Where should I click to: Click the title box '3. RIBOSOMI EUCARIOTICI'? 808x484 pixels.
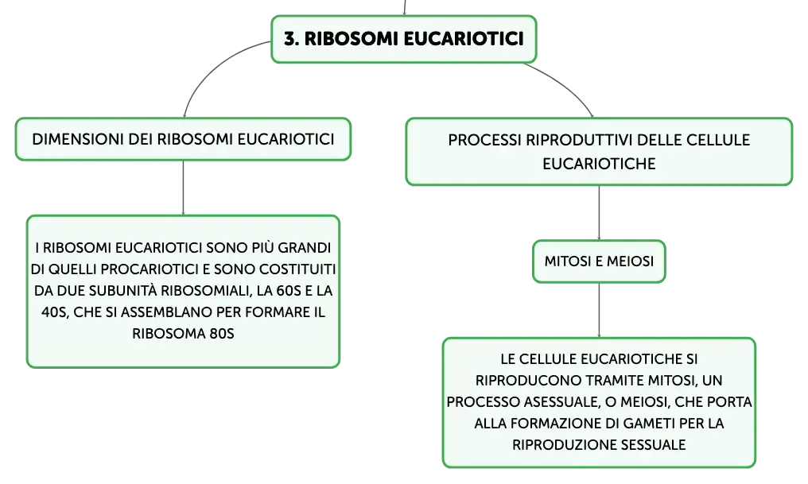click(x=403, y=39)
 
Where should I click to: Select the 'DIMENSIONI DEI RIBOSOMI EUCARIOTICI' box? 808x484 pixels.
click(x=183, y=139)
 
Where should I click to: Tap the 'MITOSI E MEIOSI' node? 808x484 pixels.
click(x=599, y=261)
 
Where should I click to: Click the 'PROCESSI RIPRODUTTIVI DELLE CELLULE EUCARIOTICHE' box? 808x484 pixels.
click(x=599, y=151)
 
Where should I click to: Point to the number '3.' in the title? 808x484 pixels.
click(x=291, y=39)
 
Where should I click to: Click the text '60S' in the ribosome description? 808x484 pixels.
click(x=289, y=290)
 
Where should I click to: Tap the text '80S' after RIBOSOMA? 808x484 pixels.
click(x=222, y=334)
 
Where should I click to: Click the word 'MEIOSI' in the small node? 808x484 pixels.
click(x=630, y=261)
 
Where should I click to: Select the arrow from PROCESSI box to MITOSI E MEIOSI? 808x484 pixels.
click(x=599, y=213)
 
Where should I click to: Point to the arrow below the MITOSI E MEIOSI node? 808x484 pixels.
click(x=599, y=311)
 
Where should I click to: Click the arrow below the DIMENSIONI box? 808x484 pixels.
click(x=183, y=188)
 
